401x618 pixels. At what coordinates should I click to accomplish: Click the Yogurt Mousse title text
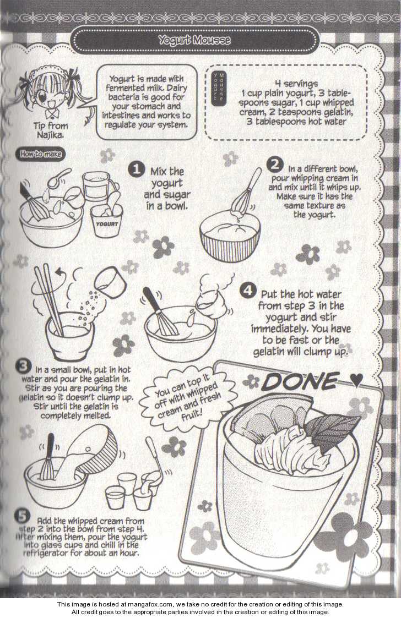point(194,40)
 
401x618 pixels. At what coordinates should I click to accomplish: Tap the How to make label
point(41,154)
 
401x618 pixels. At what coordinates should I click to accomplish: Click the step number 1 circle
point(137,169)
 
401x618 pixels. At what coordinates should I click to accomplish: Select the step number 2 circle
point(274,165)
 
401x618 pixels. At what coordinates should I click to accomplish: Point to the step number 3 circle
point(23,366)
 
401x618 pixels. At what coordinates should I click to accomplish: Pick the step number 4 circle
point(247,291)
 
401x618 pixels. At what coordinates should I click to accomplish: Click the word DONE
point(300,381)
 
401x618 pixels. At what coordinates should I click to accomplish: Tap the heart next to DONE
point(356,380)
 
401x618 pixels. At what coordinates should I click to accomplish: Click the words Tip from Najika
point(51,130)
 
